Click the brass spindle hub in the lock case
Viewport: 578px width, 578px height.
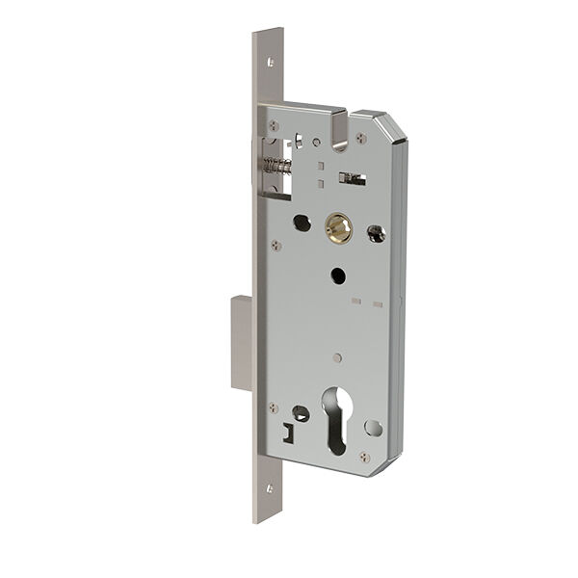(337, 227)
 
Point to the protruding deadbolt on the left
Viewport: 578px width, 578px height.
(241, 343)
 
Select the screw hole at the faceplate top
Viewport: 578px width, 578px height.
(271, 63)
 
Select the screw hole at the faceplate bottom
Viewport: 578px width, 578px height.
(269, 488)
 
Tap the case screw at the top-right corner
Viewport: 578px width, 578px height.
(361, 139)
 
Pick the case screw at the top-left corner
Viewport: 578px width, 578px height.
(274, 124)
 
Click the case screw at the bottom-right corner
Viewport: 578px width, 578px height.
(363, 457)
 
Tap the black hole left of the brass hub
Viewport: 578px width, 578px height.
(301, 222)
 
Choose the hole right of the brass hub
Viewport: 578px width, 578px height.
(376, 232)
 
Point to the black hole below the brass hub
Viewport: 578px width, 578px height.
(337, 276)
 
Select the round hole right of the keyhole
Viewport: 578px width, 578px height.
(374, 428)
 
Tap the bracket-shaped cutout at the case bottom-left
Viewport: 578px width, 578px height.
(288, 433)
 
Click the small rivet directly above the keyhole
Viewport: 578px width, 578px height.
(336, 357)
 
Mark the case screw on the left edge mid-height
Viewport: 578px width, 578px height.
(276, 245)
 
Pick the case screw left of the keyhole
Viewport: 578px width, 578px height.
(274, 407)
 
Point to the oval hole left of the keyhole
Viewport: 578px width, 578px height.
(301, 413)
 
